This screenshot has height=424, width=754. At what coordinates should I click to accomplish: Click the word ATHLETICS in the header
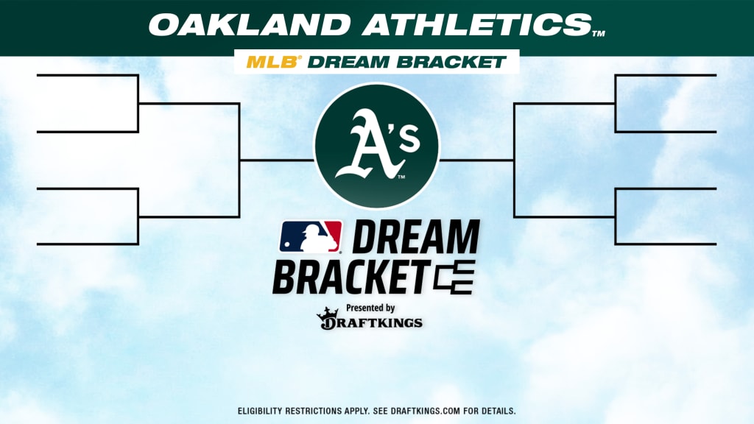point(476,24)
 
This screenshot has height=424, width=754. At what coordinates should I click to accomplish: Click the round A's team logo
point(377,146)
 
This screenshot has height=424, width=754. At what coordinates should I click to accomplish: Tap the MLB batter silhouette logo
point(311,236)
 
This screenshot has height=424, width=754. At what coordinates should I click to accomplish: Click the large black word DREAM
point(416,236)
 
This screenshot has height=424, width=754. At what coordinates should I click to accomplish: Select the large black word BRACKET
point(352,278)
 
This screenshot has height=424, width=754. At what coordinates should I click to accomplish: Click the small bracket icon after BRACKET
point(454,278)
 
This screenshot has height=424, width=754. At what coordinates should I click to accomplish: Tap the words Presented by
point(370,308)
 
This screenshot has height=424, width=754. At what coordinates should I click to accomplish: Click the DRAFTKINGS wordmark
point(371,322)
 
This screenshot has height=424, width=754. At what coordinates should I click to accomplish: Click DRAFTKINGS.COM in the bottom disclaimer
point(425,411)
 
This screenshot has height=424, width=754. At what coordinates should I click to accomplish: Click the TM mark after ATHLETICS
point(598,34)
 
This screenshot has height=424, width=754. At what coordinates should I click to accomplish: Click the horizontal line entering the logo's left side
point(277,160)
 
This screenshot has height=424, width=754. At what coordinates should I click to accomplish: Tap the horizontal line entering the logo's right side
point(476,160)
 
